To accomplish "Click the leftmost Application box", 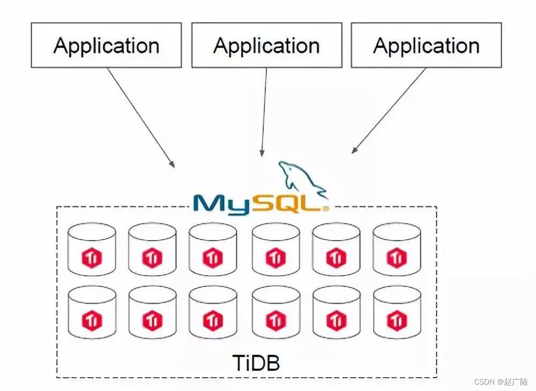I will point(106,45).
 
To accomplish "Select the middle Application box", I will point(266,45).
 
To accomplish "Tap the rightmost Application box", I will point(426,45).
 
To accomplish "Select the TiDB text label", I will point(256,363).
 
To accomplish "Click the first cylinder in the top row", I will point(92,249).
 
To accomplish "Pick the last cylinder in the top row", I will point(397,249).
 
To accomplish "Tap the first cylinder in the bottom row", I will point(92,312).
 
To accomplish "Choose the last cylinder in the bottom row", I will point(397,312).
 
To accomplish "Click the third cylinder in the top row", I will point(213,249).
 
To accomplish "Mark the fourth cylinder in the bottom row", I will point(276,312).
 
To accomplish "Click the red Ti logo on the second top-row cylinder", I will point(152,259).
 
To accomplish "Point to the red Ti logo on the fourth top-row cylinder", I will point(276,259).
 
